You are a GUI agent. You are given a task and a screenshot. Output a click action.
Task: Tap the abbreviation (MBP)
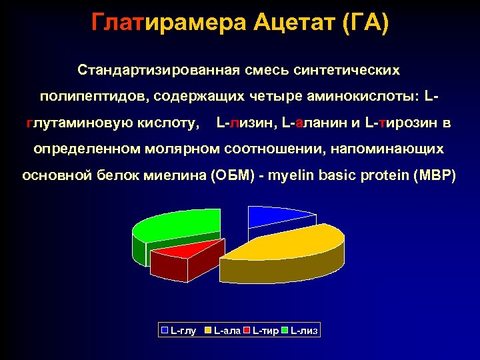(435, 177)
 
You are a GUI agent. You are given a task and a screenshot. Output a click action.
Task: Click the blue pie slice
(277, 217)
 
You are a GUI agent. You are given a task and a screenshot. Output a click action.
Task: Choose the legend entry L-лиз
(304, 330)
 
